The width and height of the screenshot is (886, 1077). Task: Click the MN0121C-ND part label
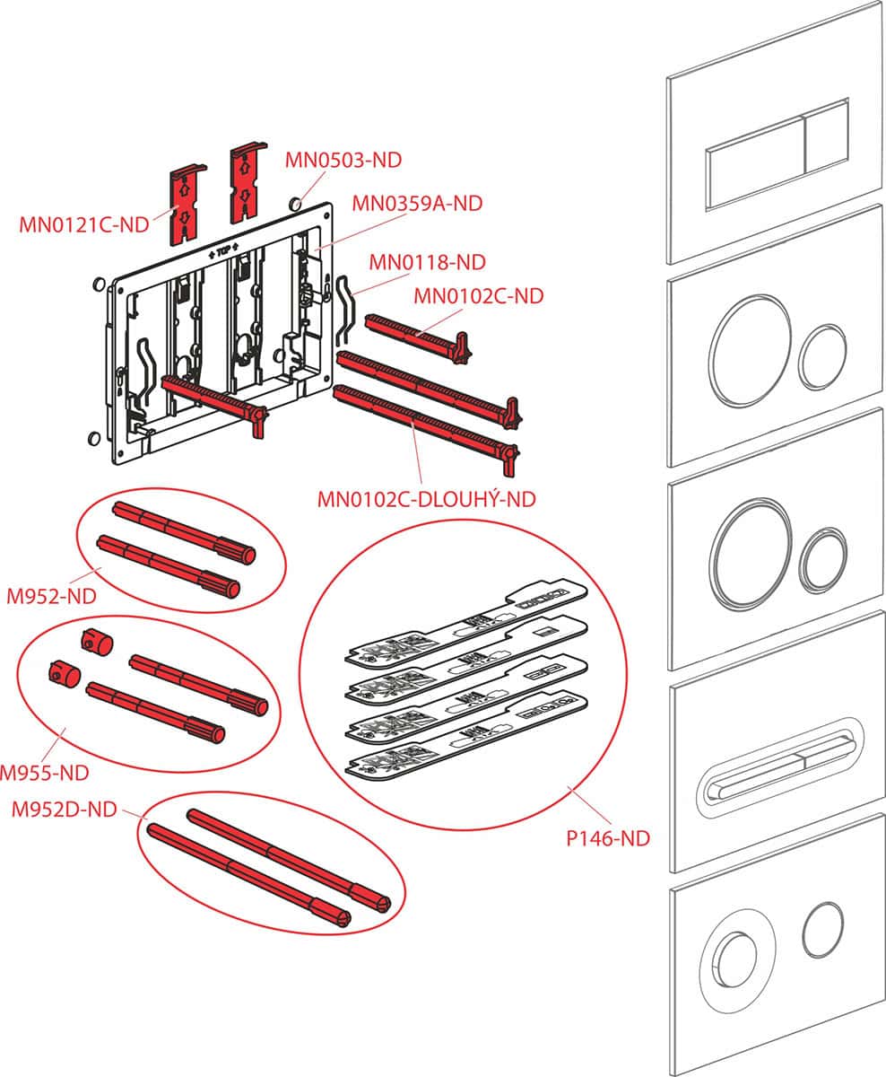pos(83,223)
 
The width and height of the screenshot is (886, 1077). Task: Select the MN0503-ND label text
pos(343,161)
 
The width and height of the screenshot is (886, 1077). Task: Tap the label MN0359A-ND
pos(417,204)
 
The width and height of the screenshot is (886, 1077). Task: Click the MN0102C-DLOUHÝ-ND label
pos(426,498)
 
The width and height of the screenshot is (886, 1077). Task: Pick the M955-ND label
pos(44,771)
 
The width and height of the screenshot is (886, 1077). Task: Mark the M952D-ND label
pos(64,810)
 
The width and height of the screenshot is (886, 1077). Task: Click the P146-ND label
pos(607,839)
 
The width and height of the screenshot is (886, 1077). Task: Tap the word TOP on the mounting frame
pos(221,253)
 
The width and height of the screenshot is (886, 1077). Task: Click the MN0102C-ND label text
pos(478,295)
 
